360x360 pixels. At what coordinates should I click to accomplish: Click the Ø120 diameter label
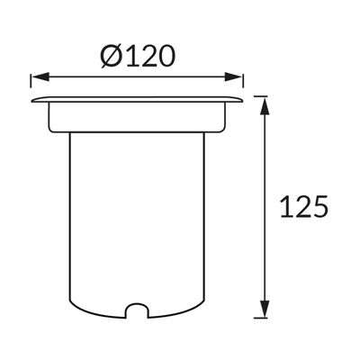click(x=138, y=56)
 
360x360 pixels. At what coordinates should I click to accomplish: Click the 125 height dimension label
click(x=303, y=206)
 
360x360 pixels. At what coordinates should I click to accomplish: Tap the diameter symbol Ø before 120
click(x=111, y=57)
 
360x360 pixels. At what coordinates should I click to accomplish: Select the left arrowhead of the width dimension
click(x=40, y=76)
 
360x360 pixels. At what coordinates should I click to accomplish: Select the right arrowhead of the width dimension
click(x=233, y=76)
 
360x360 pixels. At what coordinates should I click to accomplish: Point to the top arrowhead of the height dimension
click(x=264, y=105)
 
